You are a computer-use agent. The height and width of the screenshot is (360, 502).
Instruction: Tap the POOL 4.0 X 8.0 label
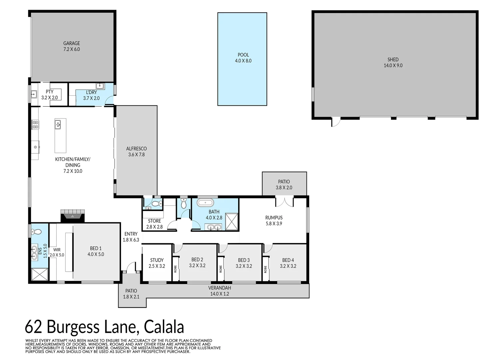tap(243, 58)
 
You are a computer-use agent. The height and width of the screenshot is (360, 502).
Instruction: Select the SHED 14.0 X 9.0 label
tap(393, 62)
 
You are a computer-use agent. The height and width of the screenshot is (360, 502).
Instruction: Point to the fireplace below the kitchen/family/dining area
tap(73, 216)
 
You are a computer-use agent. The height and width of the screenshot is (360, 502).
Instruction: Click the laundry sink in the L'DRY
tap(100, 86)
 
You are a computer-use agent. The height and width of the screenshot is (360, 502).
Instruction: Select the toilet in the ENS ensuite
tap(36, 231)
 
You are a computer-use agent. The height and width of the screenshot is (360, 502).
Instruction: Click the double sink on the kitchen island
tap(58, 124)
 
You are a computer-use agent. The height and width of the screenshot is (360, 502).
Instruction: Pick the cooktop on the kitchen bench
tap(35, 125)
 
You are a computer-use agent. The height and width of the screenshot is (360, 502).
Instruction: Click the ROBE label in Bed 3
tap(221, 269)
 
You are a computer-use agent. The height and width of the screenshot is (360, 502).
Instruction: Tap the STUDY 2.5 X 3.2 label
tap(157, 263)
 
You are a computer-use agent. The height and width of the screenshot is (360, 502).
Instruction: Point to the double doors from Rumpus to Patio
tap(284, 202)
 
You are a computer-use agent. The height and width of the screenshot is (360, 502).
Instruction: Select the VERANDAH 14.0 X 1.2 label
tap(220, 291)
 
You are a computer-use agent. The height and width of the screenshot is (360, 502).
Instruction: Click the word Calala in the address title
tap(164, 327)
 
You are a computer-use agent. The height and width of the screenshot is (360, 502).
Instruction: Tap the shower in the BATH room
tap(232, 222)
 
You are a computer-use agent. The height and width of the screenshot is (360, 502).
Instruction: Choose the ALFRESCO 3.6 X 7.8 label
tap(136, 152)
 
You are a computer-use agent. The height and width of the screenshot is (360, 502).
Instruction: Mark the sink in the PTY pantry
tap(34, 94)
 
